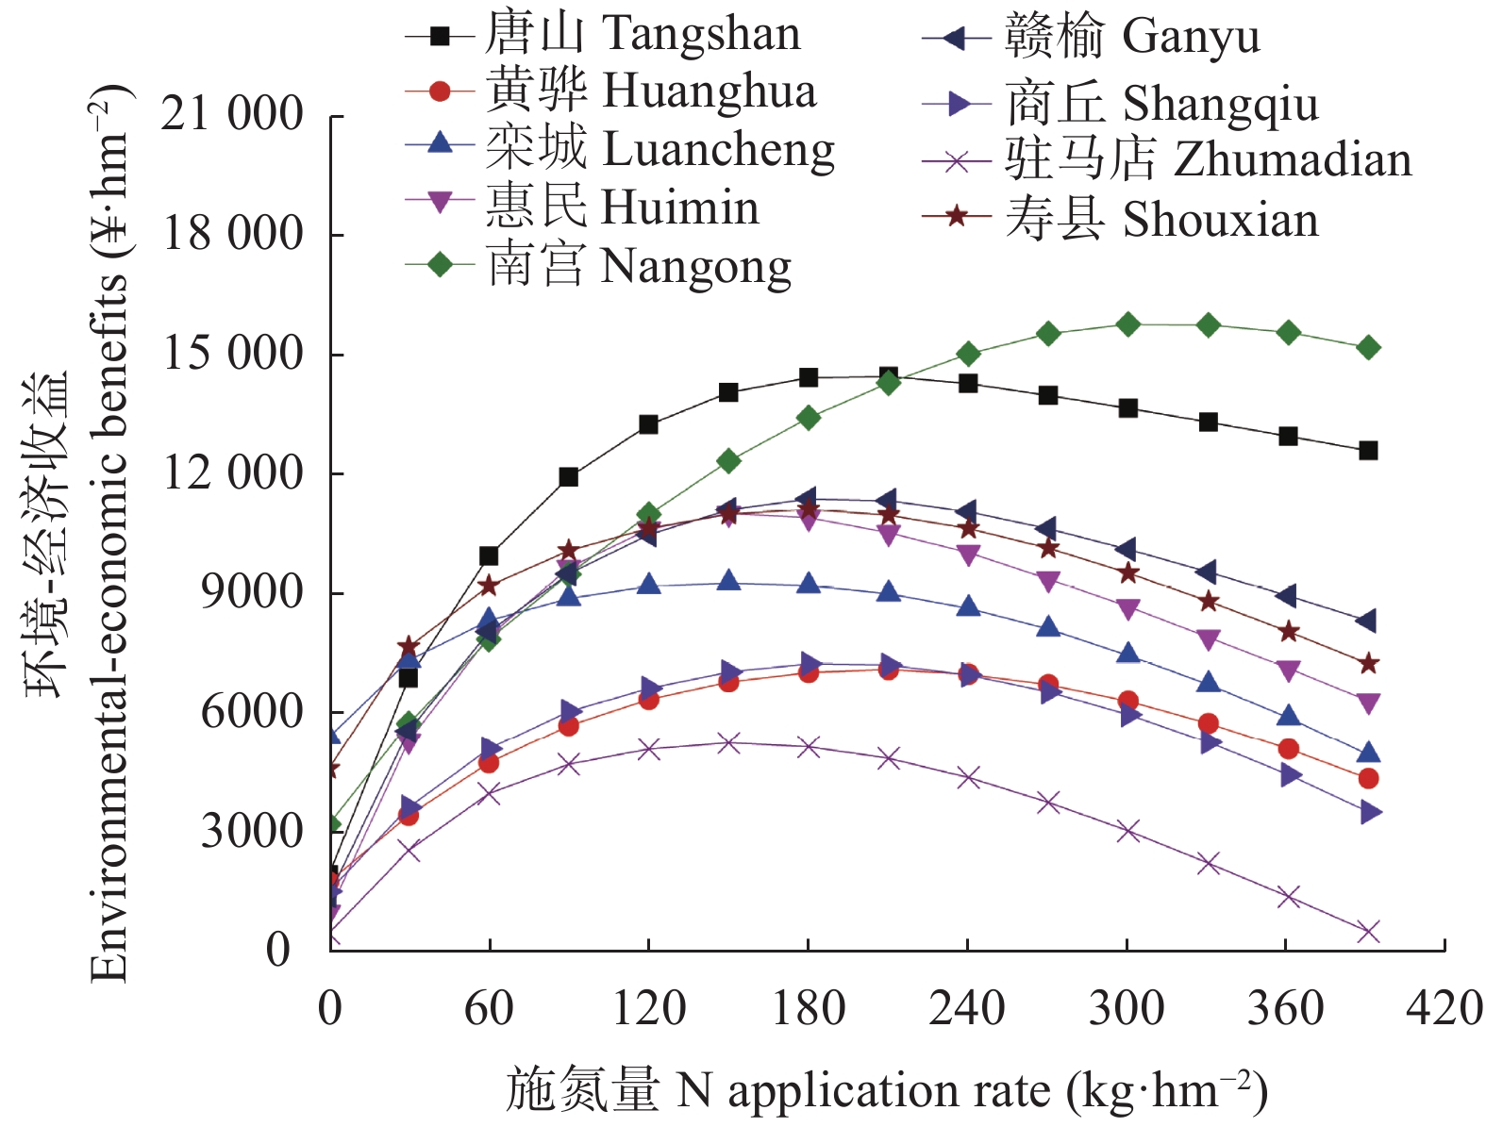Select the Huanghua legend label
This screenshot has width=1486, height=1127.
point(650,91)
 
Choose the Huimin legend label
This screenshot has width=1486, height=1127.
point(622,207)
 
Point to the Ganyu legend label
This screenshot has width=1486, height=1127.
point(1132,37)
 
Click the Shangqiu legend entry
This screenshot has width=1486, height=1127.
point(1161,103)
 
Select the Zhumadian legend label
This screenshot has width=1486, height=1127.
point(1208,160)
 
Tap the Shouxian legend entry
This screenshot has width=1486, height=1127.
point(1161,219)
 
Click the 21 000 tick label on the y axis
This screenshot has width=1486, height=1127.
point(231,114)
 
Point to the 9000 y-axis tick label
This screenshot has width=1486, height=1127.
point(251,592)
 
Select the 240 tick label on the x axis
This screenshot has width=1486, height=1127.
point(967,1008)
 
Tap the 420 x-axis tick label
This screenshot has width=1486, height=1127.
point(1444,1008)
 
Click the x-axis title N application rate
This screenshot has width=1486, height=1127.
point(886,1091)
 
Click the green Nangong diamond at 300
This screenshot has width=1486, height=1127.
point(1127,325)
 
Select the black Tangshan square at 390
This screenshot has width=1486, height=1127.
point(1368,451)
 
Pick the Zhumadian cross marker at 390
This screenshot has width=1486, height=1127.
point(1368,932)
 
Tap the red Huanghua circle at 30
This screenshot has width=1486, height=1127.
point(408,815)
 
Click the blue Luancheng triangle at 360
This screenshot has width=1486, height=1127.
point(1289,716)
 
